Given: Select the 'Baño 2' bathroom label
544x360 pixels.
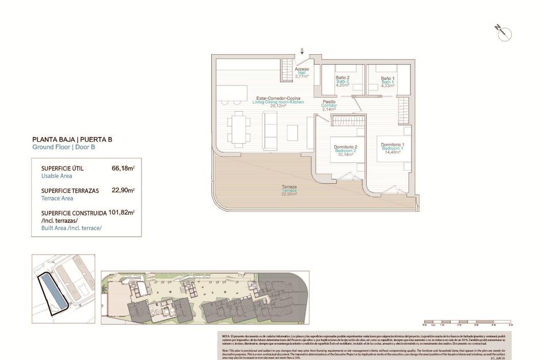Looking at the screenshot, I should point(343,81).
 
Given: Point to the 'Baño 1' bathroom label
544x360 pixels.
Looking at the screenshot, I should point(387,81).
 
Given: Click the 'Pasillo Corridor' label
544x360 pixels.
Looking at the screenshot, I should point(329,105).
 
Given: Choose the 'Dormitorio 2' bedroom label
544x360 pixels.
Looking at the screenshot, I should point(346,150).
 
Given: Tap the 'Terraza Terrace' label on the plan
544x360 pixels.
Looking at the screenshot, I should point(289,190).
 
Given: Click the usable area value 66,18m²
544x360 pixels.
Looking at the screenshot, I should point(123,168).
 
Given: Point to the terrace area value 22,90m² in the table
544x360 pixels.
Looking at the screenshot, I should point(123,190).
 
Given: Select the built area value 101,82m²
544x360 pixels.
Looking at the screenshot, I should point(121,212).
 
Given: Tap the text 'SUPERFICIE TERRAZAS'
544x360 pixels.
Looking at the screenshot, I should point(70,190).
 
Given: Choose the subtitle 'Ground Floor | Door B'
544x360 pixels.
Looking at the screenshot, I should point(63,147).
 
